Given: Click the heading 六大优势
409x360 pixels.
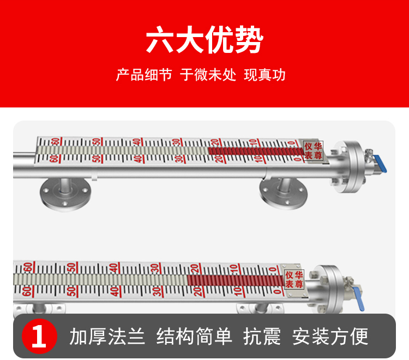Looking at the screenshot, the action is pyautogui.click(x=204, y=39).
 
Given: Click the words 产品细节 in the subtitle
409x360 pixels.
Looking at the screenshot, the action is pyautogui.click(x=144, y=75).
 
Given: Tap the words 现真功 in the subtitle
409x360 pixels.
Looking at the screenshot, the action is pyautogui.click(x=264, y=75).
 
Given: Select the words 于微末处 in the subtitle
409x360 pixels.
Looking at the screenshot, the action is pyautogui.click(x=208, y=75).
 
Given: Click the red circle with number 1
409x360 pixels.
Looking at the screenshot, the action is pyautogui.click(x=39, y=336).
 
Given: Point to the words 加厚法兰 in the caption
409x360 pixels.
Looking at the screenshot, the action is pyautogui.click(x=107, y=337).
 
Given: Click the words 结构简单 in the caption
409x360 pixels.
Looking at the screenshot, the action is pyautogui.click(x=194, y=337).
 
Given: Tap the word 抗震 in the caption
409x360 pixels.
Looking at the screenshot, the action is pyautogui.click(x=262, y=337).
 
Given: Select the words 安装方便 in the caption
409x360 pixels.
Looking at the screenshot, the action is pyautogui.click(x=330, y=337).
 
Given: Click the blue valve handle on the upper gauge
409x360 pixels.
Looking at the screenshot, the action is pyautogui.click(x=380, y=164).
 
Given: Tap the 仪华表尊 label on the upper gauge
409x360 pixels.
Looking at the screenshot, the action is pyautogui.click(x=313, y=151).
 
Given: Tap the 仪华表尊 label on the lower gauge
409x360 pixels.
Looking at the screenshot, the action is pyautogui.click(x=294, y=279).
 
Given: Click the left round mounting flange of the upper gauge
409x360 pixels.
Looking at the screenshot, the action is pyautogui.click(x=65, y=194).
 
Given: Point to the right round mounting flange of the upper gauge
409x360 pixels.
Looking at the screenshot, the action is pyautogui.click(x=284, y=193).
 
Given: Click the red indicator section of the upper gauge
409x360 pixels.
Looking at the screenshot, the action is pyautogui.click(x=256, y=151).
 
